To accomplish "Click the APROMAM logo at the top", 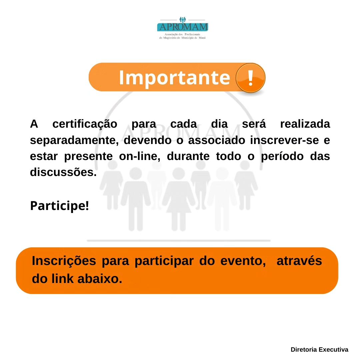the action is (183, 28).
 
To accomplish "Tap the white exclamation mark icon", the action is (250, 78).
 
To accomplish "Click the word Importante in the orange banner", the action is (174, 78).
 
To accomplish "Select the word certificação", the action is (85, 125).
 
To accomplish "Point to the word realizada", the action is (305, 124).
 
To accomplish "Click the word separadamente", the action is (74, 141).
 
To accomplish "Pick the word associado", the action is (217, 140).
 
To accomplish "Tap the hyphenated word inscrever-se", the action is (285, 140).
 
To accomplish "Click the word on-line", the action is (140, 156).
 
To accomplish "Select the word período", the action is (282, 157).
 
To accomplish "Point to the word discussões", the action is (63, 172).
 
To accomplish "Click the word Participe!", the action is (59, 206).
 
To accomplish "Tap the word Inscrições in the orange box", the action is (64, 261).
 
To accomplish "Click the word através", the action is (299, 261).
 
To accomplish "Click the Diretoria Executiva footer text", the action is (319, 349).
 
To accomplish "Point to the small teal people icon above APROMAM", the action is (183, 20).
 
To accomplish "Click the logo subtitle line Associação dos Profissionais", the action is (182, 34).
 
